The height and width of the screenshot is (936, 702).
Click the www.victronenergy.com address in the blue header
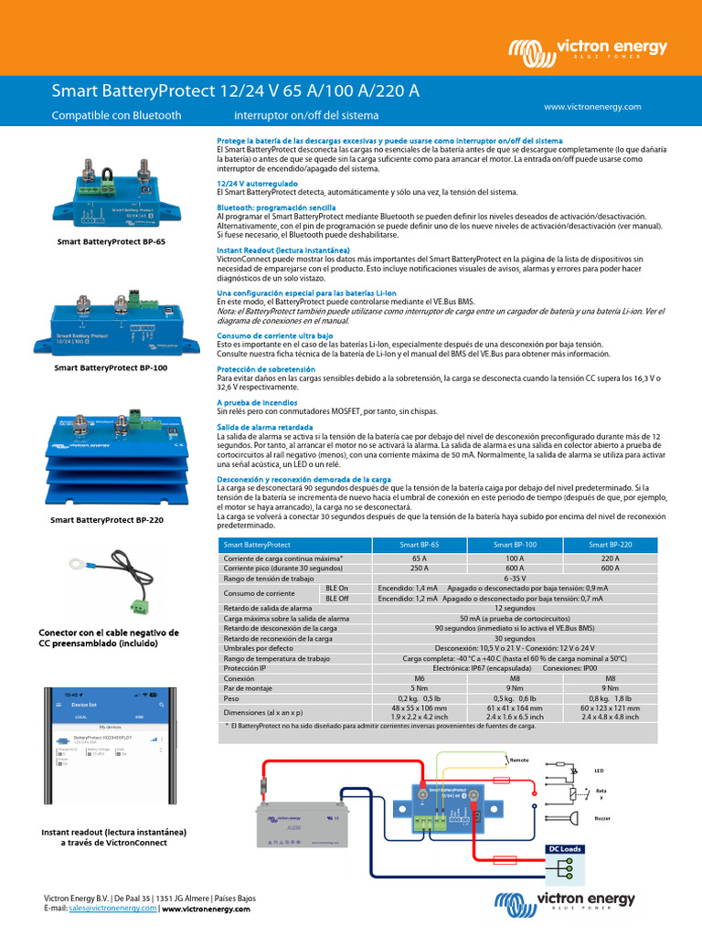[x=592, y=107]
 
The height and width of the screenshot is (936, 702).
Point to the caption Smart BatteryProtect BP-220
[x=109, y=519]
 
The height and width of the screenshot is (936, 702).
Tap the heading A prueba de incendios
[x=256, y=402]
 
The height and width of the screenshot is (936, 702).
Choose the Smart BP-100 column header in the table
[x=515, y=544]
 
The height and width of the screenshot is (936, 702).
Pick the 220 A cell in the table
[x=610, y=558]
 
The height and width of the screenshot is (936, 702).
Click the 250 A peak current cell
[x=420, y=568]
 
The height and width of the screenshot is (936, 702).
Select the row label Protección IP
[x=247, y=667]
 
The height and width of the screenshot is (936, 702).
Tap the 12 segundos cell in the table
[x=515, y=608]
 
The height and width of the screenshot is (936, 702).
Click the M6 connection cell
[x=420, y=678]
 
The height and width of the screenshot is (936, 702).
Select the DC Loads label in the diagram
[x=564, y=849]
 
